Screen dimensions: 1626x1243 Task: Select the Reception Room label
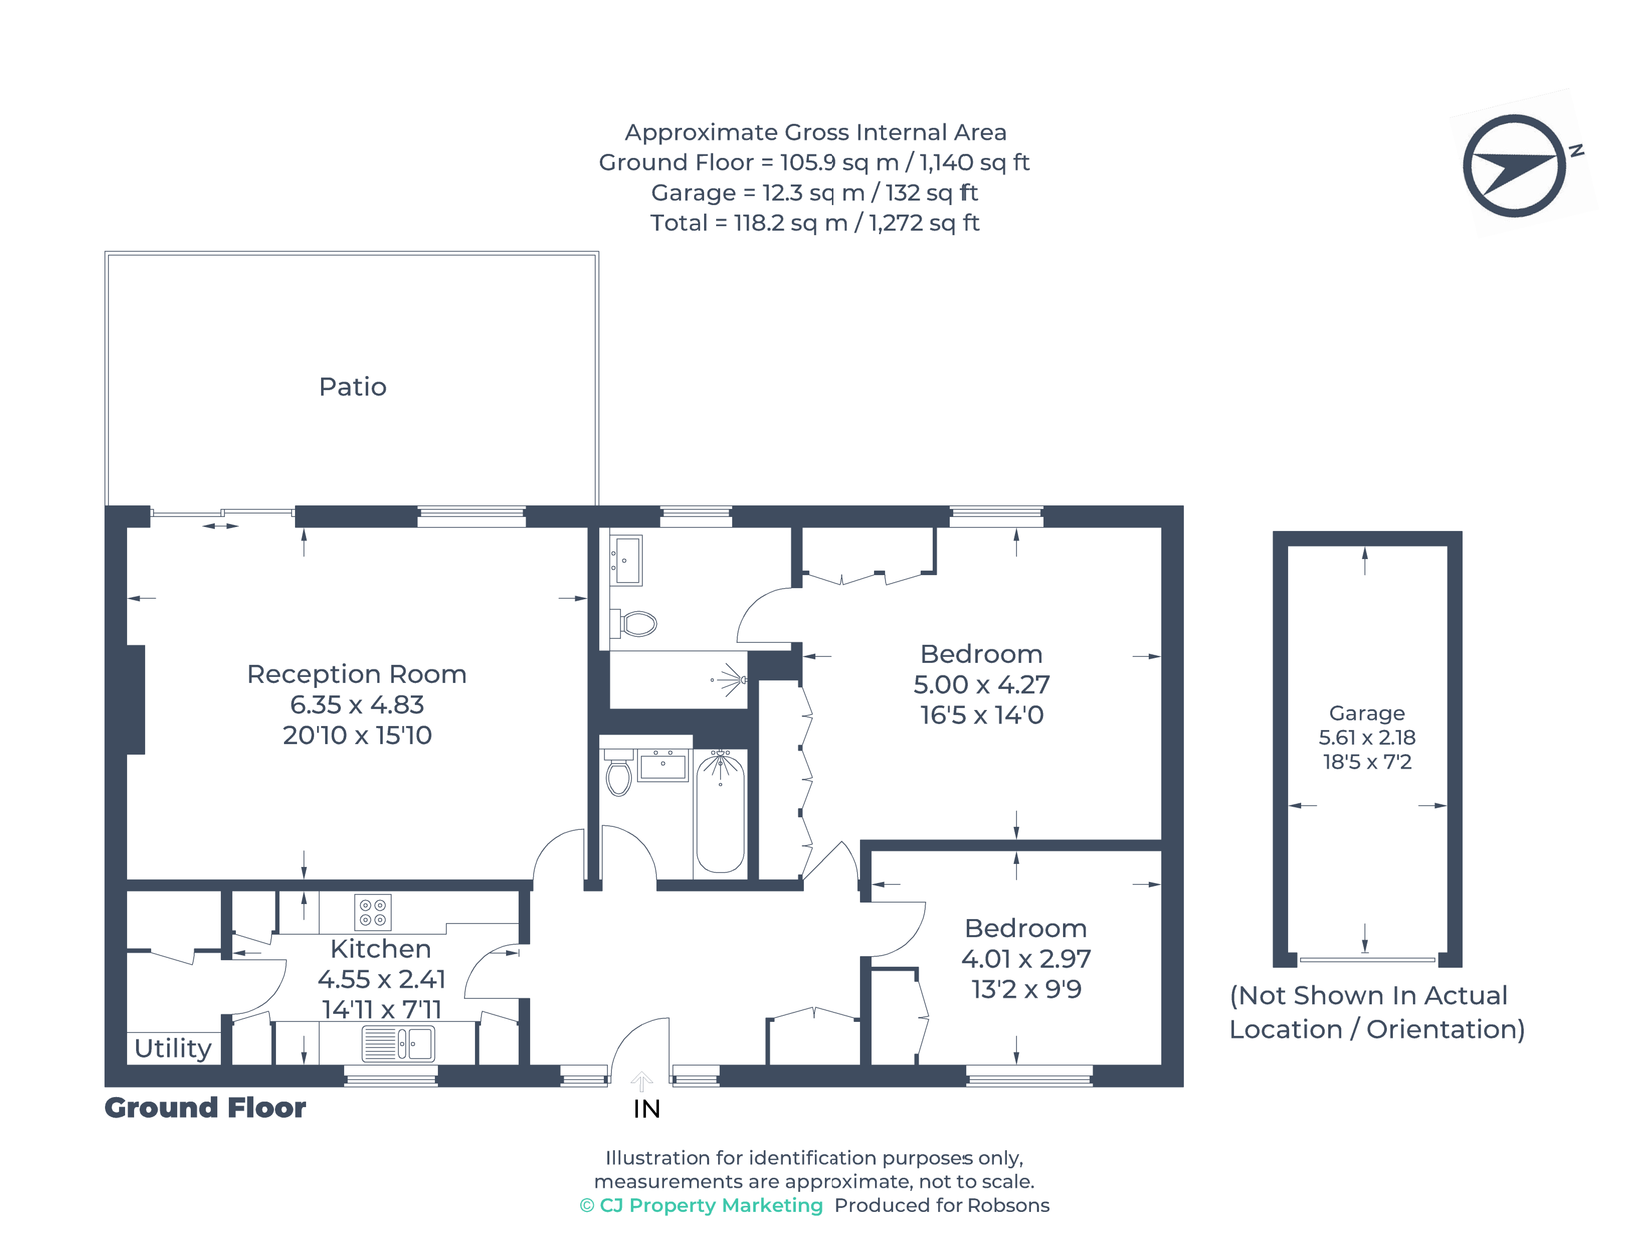pyautogui.click(x=357, y=674)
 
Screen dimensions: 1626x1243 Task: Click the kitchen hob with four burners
pyautogui.click(x=373, y=912)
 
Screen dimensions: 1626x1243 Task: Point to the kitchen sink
pyautogui.click(x=398, y=1044)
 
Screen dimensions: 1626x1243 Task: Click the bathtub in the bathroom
pyautogui.click(x=720, y=812)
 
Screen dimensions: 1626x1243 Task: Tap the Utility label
pyautogui.click(x=173, y=1048)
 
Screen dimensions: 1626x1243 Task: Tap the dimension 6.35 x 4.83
pyautogui.click(x=357, y=704)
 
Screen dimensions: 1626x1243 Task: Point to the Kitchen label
pyautogui.click(x=380, y=948)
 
